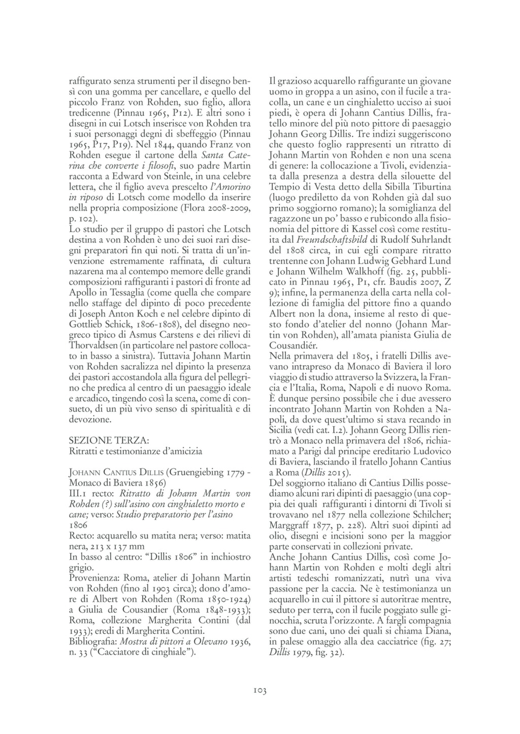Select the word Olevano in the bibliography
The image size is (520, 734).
208,642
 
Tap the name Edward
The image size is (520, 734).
121,176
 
